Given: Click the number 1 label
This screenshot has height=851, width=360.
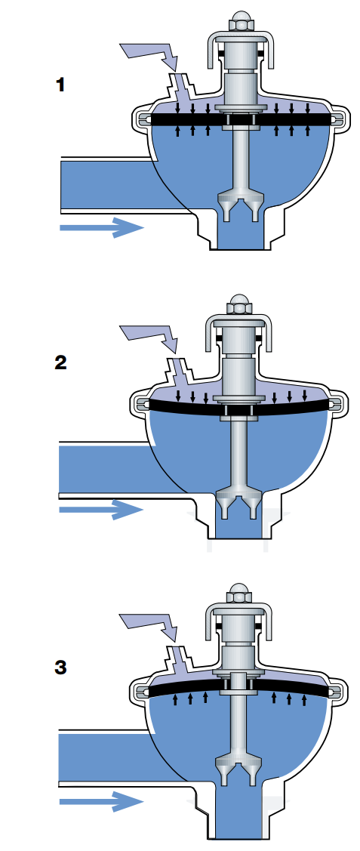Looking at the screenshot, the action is click(60, 85).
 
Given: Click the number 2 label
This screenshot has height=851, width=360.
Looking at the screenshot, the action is click(60, 362).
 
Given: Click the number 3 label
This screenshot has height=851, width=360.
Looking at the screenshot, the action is click(60, 668).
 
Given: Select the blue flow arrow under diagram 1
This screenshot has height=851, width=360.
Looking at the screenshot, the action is click(101, 227).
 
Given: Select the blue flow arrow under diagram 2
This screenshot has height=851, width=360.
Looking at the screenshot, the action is click(101, 510).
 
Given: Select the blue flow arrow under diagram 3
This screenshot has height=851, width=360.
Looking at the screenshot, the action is click(101, 802).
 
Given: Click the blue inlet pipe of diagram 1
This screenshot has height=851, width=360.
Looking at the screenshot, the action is click(103, 185).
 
